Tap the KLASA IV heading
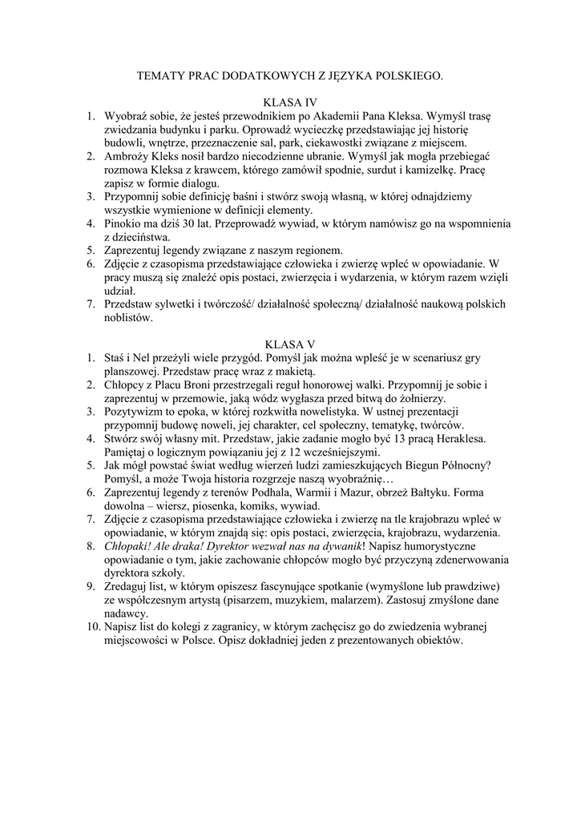[290, 102]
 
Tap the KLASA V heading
[290, 344]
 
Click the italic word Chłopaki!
[129, 546]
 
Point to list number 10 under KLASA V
[95, 627]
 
